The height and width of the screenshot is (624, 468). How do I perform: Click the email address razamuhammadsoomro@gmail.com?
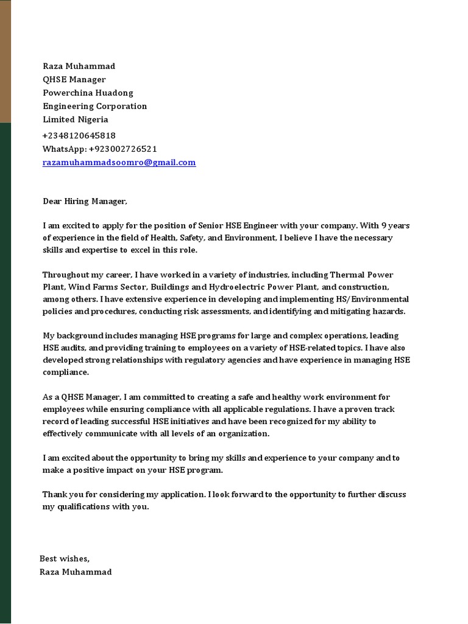[119, 163]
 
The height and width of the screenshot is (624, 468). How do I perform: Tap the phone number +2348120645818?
[79, 135]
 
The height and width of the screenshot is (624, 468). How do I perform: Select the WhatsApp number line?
[99, 149]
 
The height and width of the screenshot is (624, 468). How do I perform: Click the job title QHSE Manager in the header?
[74, 79]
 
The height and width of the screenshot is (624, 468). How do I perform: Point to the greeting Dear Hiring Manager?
[85, 201]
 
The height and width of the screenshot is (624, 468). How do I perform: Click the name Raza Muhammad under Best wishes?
[76, 572]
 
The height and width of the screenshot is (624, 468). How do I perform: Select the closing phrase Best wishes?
[65, 558]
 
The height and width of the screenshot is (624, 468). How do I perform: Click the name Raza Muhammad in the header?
[79, 66]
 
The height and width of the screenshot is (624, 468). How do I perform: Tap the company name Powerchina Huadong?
[88, 93]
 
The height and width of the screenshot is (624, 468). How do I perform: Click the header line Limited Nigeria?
[75, 119]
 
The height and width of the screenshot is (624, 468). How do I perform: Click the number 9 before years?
[384, 225]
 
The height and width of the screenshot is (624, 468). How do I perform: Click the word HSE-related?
[321, 348]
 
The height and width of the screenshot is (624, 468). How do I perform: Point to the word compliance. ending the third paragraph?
[66, 372]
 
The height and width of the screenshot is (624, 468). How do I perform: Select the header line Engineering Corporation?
[94, 106]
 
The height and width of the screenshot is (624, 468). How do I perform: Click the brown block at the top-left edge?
[5, 61]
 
